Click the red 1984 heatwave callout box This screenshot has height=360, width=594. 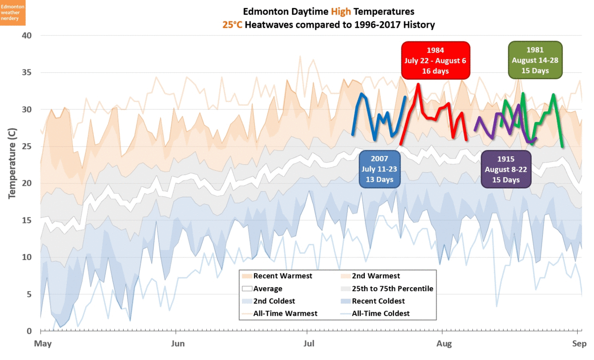[436, 60]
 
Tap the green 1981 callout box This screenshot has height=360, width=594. [536, 60]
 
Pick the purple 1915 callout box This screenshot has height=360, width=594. [506, 169]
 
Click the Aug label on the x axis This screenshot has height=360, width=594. [442, 344]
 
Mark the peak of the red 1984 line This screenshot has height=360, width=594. [418, 84]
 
